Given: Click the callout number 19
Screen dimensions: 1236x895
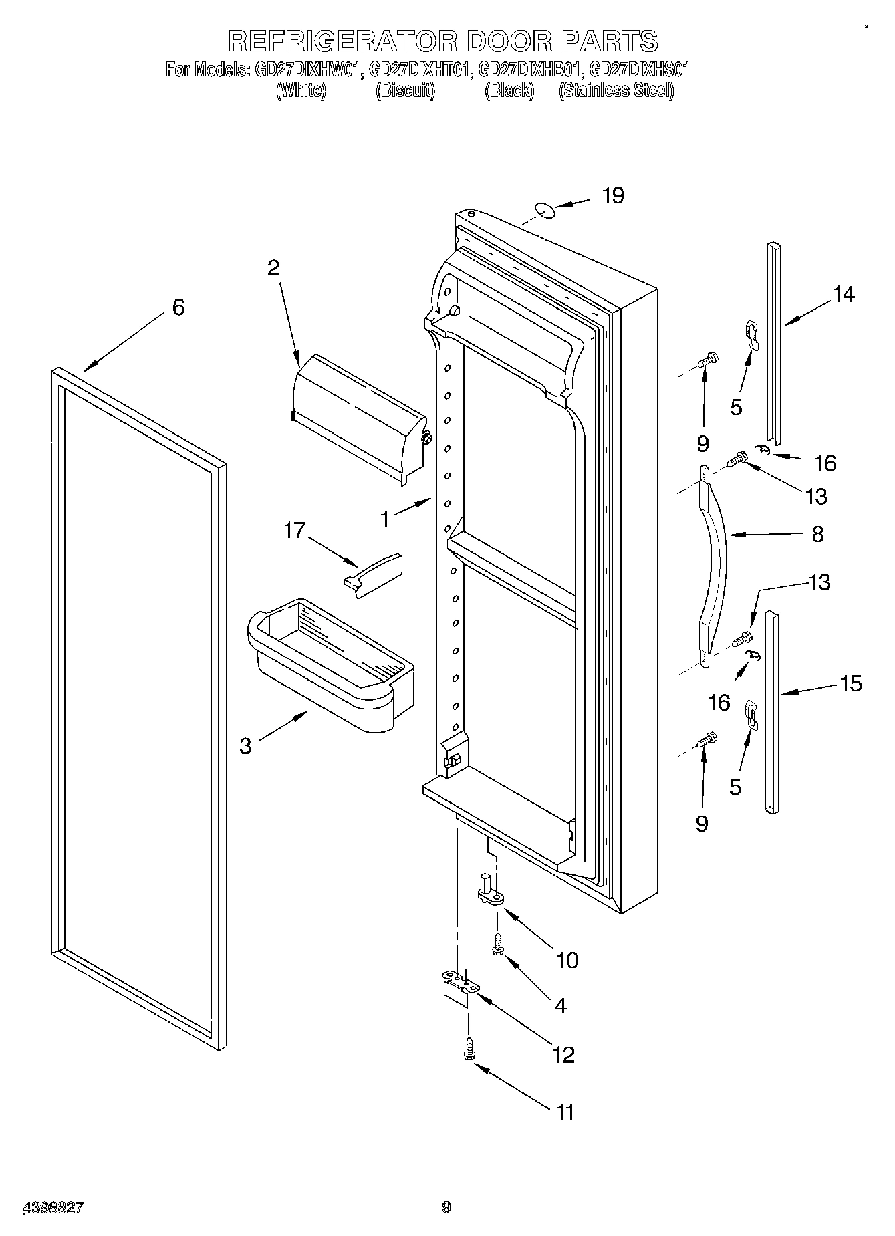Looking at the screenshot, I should click(x=612, y=196).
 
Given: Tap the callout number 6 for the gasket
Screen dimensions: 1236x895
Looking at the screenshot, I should click(x=178, y=307).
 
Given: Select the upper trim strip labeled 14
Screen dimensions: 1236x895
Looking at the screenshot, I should click(x=773, y=341).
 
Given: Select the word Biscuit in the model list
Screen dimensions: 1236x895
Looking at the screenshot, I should click(x=405, y=91).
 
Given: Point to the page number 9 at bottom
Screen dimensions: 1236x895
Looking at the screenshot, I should click(x=446, y=1207).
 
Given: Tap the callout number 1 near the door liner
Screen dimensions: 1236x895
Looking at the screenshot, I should click(x=385, y=519).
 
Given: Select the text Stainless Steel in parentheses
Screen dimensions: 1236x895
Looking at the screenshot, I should click(x=616, y=91).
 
